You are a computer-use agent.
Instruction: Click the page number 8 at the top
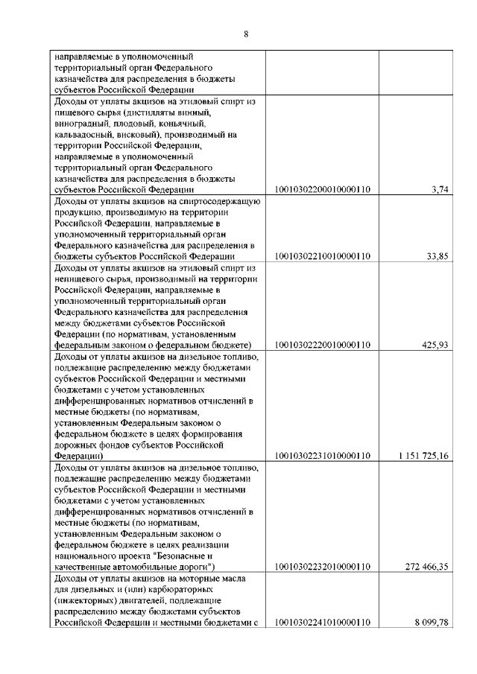pos(245,33)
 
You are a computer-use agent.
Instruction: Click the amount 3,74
pos(440,190)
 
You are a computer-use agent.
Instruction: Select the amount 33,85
pos(437,257)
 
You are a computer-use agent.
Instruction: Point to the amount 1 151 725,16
pos(423,456)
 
